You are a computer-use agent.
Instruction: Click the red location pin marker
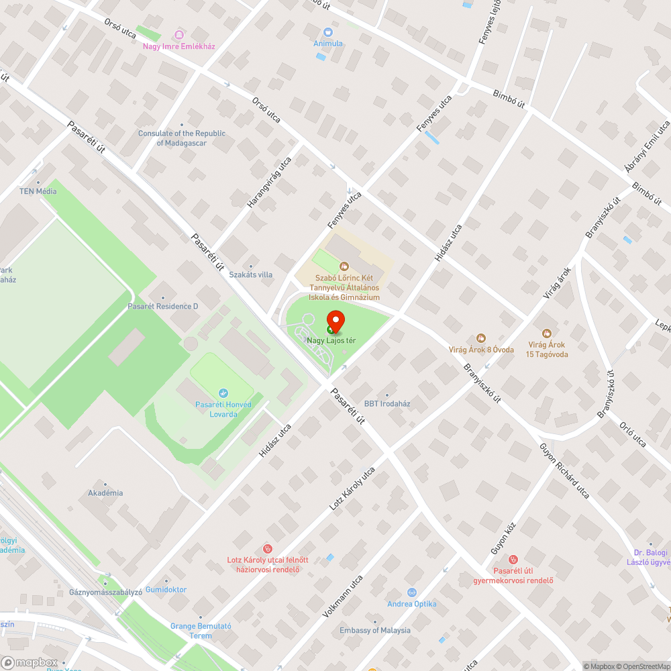click(x=335, y=322)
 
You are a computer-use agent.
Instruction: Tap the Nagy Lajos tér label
click(x=331, y=341)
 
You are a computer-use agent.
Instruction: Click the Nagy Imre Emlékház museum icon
click(x=178, y=35)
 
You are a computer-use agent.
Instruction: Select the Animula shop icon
click(x=328, y=32)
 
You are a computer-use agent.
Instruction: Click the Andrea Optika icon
click(x=412, y=592)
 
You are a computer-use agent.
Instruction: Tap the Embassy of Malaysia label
click(x=375, y=630)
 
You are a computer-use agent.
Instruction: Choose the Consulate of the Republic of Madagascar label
click(x=182, y=138)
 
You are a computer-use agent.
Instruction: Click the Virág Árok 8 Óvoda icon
click(x=481, y=338)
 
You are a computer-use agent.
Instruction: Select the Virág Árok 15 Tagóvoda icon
click(x=547, y=333)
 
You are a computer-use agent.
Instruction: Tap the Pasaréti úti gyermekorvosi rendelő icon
click(x=513, y=560)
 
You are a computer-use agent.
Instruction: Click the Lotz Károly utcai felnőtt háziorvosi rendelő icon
click(x=268, y=549)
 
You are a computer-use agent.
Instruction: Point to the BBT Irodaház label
click(x=387, y=404)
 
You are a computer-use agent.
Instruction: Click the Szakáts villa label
click(x=251, y=274)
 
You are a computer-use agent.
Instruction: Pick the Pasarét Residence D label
click(x=163, y=306)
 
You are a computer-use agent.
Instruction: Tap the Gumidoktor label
click(x=166, y=589)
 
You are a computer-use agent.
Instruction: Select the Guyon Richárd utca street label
click(x=564, y=470)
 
